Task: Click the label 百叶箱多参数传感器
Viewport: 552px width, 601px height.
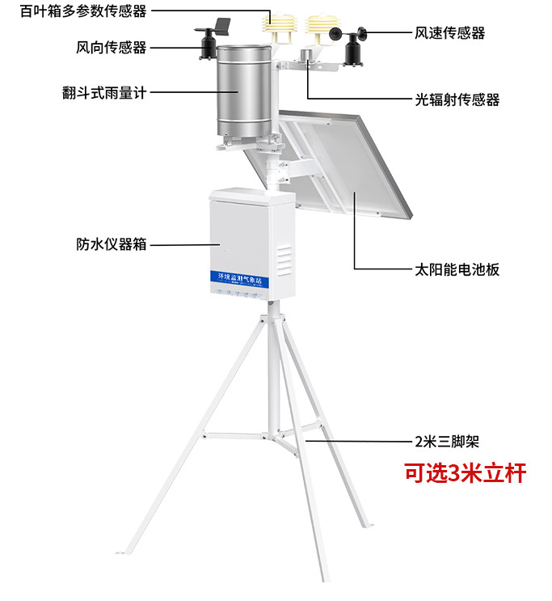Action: click(76, 13)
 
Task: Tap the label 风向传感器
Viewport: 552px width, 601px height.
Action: click(111, 47)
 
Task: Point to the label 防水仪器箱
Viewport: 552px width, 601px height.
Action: click(111, 243)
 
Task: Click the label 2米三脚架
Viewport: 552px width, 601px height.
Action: click(452, 442)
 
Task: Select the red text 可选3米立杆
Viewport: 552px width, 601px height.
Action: click(465, 473)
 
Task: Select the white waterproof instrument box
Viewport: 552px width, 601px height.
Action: click(251, 243)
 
